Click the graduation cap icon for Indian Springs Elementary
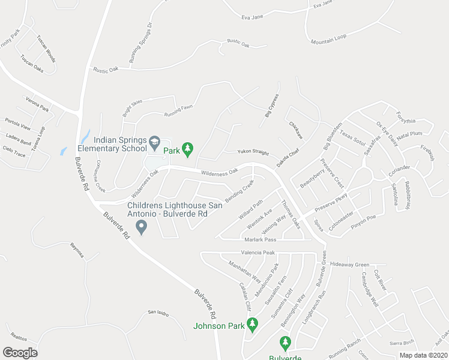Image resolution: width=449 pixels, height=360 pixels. pyautogui.click(x=154, y=142)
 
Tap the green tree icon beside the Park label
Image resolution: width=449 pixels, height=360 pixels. pyautogui.click(x=187, y=148)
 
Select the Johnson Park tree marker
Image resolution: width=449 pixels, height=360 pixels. pyautogui.click(x=253, y=325)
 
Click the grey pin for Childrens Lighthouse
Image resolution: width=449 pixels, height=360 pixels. pyautogui.click(x=142, y=227)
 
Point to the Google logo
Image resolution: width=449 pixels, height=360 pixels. pyautogui.click(x=20, y=352)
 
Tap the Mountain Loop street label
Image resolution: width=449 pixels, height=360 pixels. pyautogui.click(x=328, y=40)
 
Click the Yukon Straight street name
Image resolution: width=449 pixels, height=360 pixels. pyautogui.click(x=252, y=152)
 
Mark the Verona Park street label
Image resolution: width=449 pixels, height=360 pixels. pyautogui.click(x=36, y=104)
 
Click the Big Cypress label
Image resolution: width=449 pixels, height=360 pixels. pyautogui.click(x=272, y=105)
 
